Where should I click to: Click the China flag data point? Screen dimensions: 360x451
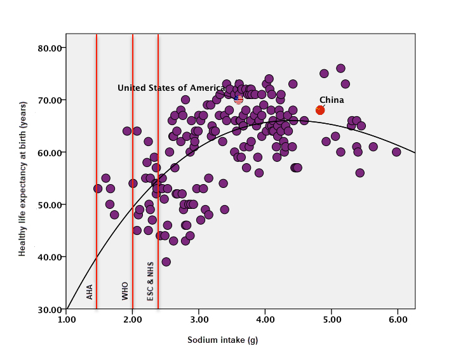[x=320, y=110]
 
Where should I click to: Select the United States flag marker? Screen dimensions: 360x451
[x=239, y=99]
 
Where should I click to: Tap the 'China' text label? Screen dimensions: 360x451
[x=332, y=100]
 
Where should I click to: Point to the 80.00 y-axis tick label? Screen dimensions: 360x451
[x=50, y=48]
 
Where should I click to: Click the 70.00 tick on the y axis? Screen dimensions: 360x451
[x=50, y=100]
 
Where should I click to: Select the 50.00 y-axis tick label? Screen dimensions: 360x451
[x=50, y=204]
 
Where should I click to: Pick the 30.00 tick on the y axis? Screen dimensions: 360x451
[x=50, y=309]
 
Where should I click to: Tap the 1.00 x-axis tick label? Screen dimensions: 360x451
[x=67, y=320]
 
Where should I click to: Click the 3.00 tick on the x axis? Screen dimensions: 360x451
[x=199, y=320]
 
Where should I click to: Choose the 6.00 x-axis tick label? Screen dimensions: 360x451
[x=398, y=320]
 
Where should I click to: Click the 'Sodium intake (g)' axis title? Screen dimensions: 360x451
[x=222, y=340]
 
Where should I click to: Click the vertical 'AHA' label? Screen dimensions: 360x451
[x=90, y=291]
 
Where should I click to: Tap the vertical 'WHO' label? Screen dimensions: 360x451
[x=125, y=291]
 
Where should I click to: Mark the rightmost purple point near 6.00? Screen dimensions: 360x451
[x=396, y=152]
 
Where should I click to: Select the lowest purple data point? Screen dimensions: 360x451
[x=166, y=262]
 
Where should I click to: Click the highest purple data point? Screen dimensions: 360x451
[x=340, y=68]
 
